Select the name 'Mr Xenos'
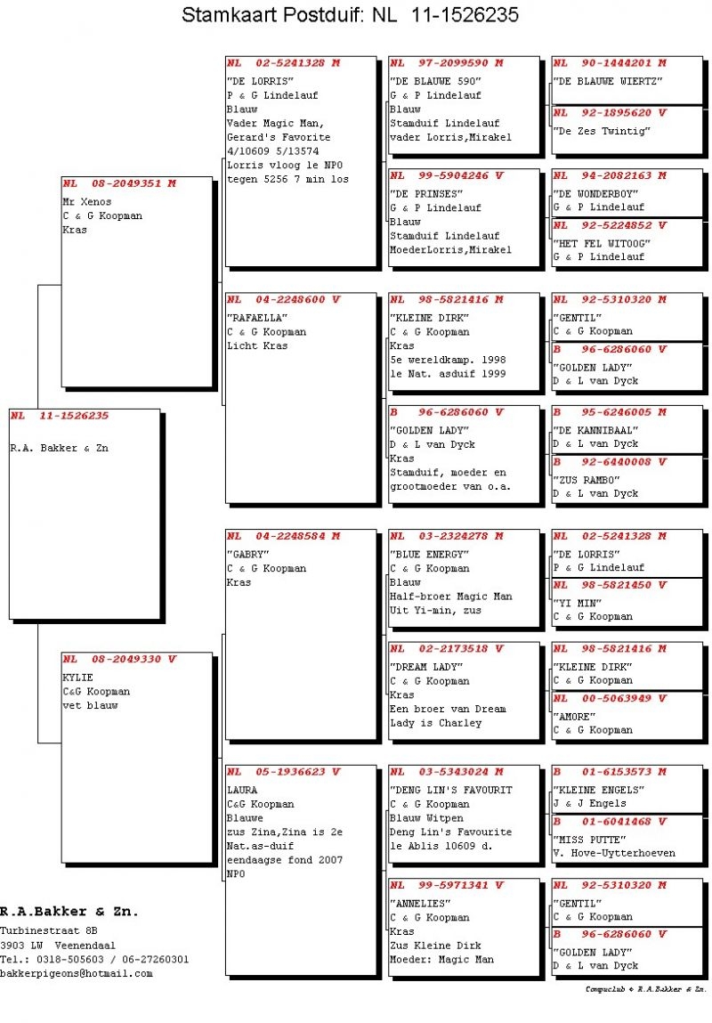click(87, 202)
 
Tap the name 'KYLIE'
click(77, 678)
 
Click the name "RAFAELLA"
click(256, 318)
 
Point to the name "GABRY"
click(248, 555)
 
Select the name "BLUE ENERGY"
click(429, 555)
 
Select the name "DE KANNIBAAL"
click(595, 430)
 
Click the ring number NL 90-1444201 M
click(609, 63)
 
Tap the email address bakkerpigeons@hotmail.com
click(77, 974)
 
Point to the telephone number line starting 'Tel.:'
click(94, 960)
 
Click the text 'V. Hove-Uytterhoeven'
click(614, 853)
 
